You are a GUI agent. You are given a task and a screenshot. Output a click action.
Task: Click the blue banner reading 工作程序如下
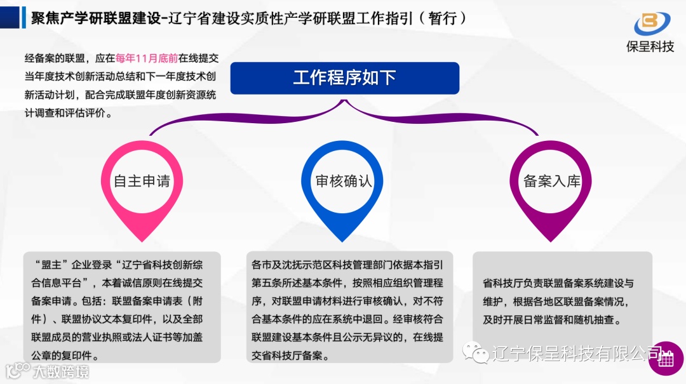pos(344,78)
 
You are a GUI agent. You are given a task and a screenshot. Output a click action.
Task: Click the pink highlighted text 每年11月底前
pos(146,58)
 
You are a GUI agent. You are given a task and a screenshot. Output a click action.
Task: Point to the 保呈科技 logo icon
pos(651,23)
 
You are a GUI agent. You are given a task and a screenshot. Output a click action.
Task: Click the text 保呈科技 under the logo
pos(650,46)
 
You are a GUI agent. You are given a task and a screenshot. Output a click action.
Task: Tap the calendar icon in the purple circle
pos(665,359)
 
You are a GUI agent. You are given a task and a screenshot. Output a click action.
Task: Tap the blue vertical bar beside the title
pos(24,18)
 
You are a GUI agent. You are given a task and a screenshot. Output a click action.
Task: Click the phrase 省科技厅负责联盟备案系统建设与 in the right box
pos(558,283)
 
